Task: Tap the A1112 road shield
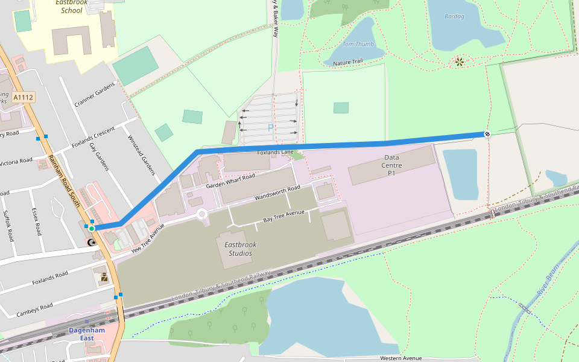point(24,97)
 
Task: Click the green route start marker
point(91,229)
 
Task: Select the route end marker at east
point(487,134)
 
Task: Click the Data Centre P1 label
point(391,165)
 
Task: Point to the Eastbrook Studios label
point(238,249)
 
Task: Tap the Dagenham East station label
point(87,334)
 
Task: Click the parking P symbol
point(270,128)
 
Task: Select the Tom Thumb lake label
point(358,44)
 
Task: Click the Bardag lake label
point(454,16)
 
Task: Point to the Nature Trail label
point(348,62)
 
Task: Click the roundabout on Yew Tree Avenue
point(201,214)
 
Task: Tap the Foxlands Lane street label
point(275,153)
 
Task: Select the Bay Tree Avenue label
point(283,217)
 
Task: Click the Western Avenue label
point(401,358)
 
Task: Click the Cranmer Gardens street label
point(94,95)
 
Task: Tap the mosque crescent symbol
point(91,243)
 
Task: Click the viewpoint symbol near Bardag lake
point(459,61)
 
